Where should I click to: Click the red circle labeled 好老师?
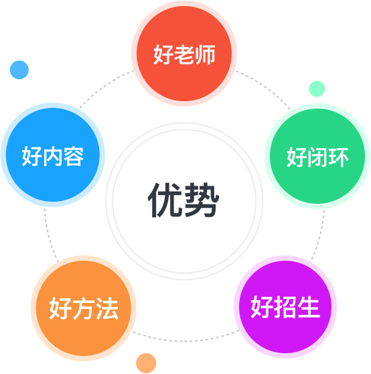pos(184,54)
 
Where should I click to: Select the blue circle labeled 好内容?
pos(53,155)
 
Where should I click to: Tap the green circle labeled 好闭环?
pos(317,156)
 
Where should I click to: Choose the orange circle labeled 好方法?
pos(84,308)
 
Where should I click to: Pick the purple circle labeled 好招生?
pos(285,307)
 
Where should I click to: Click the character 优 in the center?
pos(165,200)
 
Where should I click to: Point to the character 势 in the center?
pos(202,200)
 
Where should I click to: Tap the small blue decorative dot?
pos(19,70)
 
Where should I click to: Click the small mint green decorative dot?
pos(317,89)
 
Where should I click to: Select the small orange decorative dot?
pos(146,363)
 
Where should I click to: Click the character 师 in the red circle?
pos(205,54)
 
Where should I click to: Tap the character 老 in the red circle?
pos(184,54)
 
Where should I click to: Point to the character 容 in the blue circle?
pos(74,156)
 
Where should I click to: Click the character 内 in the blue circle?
pos(53,156)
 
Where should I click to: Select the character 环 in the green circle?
pos(338,158)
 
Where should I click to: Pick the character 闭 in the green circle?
pos(317,158)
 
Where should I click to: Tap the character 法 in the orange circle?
pos(107,308)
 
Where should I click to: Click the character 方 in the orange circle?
pos(84,308)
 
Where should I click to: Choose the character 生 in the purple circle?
pos(309,307)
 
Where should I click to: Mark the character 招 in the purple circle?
pos(285,307)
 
